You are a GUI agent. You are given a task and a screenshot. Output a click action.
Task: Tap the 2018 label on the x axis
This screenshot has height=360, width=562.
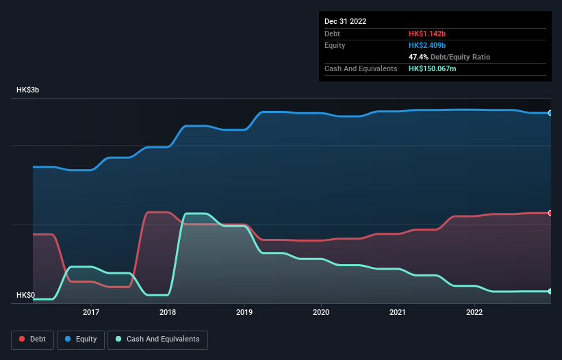tap(168, 313)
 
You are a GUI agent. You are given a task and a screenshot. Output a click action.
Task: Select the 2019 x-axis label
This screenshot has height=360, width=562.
tap(244, 313)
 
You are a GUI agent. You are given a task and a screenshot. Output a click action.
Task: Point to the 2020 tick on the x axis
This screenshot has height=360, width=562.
tap(321, 313)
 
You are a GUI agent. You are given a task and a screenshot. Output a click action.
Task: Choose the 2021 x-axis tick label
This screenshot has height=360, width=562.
tap(398, 313)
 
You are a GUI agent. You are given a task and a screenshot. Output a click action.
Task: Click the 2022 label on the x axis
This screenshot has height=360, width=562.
tap(474, 313)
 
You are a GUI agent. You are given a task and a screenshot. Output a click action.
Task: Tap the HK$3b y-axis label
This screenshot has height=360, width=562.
tap(29, 90)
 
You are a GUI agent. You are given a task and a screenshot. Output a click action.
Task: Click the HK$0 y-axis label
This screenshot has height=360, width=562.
tap(26, 296)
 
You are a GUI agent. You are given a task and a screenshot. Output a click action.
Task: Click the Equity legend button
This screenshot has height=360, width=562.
tap(81, 339)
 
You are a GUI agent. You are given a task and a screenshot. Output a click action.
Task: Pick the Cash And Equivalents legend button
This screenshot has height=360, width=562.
tap(157, 339)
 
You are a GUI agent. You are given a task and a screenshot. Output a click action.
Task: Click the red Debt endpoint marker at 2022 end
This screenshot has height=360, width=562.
tap(550, 213)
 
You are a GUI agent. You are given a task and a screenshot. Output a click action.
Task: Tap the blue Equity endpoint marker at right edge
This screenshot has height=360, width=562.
tap(550, 113)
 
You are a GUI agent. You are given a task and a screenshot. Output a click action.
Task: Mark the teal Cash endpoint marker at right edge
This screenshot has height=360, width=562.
tap(550, 292)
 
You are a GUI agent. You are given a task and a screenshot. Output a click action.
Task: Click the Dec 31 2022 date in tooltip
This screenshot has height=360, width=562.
tap(346, 21)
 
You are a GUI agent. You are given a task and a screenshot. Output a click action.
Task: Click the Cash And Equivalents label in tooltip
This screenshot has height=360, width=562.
tap(361, 68)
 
